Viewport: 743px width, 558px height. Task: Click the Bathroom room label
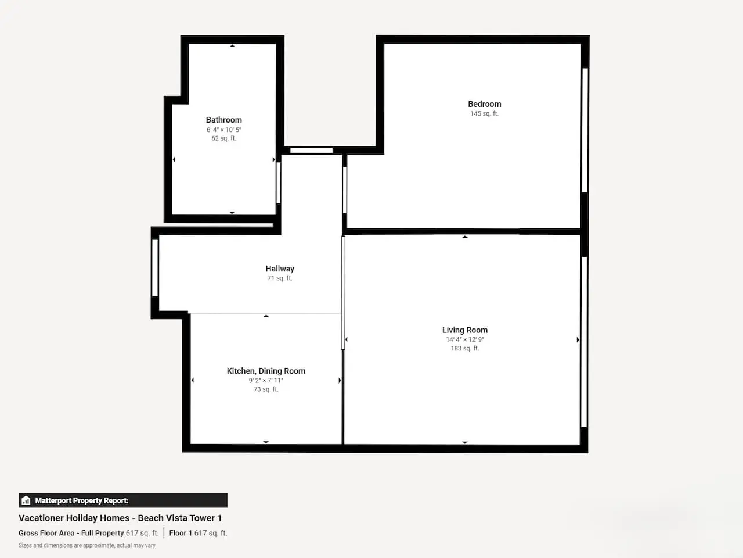coord(223,120)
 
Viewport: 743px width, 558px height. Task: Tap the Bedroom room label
coord(484,104)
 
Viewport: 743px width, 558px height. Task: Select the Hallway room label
coord(280,269)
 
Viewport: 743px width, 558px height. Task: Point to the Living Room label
coord(465,330)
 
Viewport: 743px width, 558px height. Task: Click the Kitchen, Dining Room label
coord(266,371)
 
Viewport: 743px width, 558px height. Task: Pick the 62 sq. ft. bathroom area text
coord(223,138)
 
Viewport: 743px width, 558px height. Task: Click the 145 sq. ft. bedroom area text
coord(484,113)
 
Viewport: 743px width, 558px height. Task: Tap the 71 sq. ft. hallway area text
coord(280,278)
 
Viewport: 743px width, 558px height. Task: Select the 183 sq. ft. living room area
coord(465,348)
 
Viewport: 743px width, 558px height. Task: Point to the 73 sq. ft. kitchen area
coord(266,389)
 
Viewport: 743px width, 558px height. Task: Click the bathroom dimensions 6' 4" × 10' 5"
coord(223,130)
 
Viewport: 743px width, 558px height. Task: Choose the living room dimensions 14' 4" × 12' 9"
coord(465,339)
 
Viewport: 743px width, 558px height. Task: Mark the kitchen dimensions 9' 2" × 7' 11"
coord(266,381)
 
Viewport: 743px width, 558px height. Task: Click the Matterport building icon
coord(26,500)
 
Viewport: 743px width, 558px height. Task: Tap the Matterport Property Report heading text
coord(82,500)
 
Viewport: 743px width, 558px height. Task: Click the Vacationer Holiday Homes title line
coord(120,518)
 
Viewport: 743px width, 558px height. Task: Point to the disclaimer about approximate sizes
coord(87,545)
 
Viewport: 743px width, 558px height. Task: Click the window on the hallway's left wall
coord(155,267)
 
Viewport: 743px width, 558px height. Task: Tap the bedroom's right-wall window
coord(585,130)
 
